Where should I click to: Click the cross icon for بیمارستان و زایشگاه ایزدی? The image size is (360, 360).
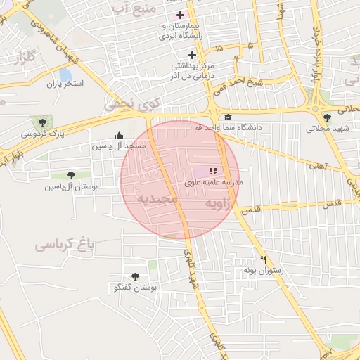[x=181, y=15]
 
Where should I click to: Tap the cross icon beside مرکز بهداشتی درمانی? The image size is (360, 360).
[x=192, y=55]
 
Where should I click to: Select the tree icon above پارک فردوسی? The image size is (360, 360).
[x=44, y=122]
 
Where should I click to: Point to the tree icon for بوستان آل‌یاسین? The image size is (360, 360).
[x=70, y=175]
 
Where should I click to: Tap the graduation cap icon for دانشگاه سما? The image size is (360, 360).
[x=227, y=117]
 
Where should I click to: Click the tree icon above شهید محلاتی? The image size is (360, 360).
[x=327, y=118]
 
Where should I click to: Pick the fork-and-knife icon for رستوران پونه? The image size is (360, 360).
[x=263, y=259]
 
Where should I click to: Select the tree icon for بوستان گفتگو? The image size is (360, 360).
[x=135, y=276]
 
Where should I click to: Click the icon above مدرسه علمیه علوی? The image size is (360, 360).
[x=213, y=171]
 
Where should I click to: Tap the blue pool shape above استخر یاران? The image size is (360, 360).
[x=65, y=74]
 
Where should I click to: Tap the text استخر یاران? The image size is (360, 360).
[x=65, y=84]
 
